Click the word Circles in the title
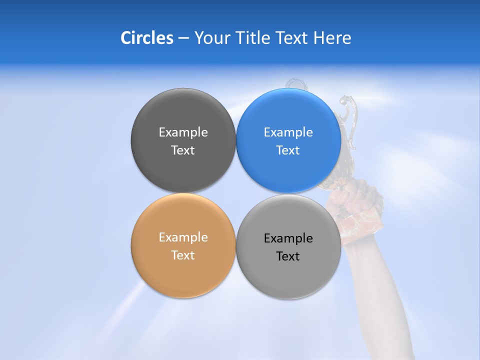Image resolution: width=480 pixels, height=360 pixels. click(x=147, y=37)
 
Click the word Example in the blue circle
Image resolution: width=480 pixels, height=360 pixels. click(x=288, y=132)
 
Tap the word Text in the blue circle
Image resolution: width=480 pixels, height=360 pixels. click(x=288, y=150)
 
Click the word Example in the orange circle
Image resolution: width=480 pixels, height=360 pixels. click(x=183, y=237)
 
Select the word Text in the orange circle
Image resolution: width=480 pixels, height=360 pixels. click(x=183, y=255)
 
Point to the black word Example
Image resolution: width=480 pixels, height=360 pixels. click(x=288, y=238)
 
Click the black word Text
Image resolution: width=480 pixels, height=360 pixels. click(x=288, y=256)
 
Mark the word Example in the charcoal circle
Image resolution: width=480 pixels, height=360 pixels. click(x=183, y=132)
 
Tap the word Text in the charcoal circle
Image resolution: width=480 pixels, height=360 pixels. click(x=183, y=150)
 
